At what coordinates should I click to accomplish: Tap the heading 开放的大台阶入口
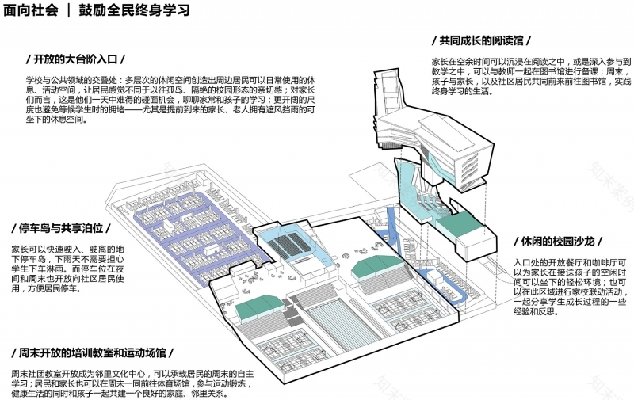click(75, 60)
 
